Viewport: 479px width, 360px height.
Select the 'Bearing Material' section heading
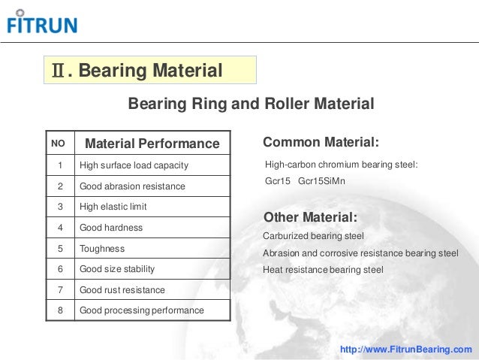click(x=149, y=71)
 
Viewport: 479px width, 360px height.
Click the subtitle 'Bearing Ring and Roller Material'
click(x=251, y=103)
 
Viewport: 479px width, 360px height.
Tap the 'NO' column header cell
click(x=58, y=143)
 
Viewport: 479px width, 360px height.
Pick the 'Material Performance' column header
click(x=152, y=144)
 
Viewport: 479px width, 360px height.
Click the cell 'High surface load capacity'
click(x=133, y=165)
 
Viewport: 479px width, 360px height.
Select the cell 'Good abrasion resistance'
click(x=131, y=186)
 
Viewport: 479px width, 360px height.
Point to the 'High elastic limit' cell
click(x=113, y=207)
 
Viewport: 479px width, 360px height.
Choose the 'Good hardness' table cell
click(x=110, y=227)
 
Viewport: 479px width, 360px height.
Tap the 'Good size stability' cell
click(x=119, y=268)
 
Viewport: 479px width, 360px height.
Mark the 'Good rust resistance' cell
click(x=122, y=289)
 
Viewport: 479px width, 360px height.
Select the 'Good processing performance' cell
click(x=141, y=310)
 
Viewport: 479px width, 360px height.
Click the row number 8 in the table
click(x=59, y=310)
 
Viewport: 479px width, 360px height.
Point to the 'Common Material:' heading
click(x=321, y=143)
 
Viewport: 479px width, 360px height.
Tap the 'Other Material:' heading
click(x=310, y=218)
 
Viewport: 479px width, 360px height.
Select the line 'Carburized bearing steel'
click(x=313, y=236)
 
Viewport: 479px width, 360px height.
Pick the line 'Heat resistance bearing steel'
click(x=323, y=269)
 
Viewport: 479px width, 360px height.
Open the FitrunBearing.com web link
click(x=406, y=349)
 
